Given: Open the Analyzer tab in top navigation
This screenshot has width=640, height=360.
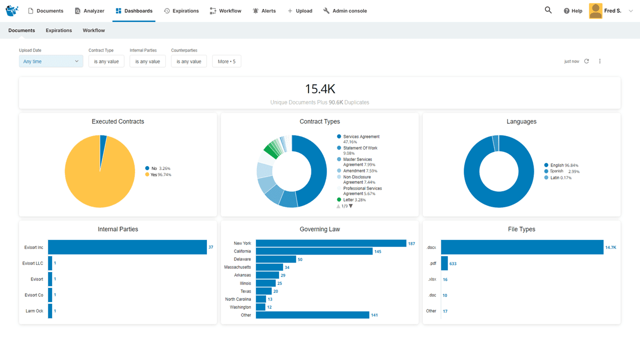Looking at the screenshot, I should (89, 11).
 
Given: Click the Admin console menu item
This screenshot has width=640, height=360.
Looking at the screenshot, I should (345, 11).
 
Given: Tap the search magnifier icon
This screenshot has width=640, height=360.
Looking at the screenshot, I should (548, 10).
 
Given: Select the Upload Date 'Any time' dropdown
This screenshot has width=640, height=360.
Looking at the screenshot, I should (51, 61).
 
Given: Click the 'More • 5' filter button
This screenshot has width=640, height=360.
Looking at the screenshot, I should (226, 61).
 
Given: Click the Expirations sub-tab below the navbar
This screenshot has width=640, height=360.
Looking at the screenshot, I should (59, 30).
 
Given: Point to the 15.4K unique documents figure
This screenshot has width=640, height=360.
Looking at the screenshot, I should (320, 89).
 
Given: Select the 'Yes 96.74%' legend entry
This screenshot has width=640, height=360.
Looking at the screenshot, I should (160, 174).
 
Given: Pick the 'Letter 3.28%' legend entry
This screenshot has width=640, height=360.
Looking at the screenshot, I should (354, 200).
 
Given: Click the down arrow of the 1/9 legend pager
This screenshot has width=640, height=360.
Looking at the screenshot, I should (350, 206).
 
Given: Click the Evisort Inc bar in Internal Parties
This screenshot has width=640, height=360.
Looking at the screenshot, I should (127, 247).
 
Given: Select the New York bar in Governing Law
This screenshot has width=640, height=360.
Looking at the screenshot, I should (330, 243).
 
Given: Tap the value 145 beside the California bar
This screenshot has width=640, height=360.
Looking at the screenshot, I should (377, 251).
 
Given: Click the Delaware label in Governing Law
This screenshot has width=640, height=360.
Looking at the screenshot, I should (242, 259).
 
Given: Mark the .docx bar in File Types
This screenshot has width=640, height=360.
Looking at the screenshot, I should (522, 247).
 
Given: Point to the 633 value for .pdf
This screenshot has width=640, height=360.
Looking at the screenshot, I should (452, 263).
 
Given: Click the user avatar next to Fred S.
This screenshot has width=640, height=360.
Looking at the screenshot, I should (595, 11).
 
